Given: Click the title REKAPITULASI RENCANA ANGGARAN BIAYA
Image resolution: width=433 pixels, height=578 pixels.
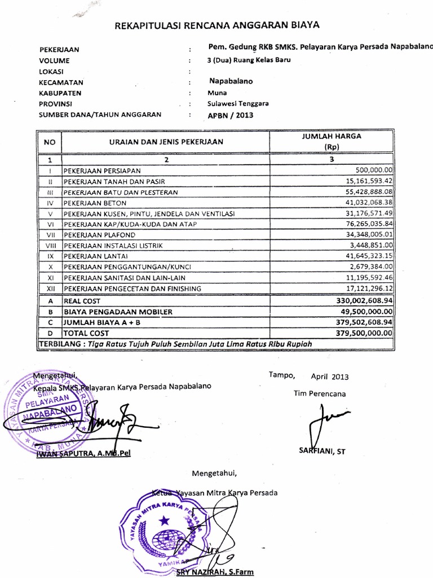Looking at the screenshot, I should click(x=217, y=25).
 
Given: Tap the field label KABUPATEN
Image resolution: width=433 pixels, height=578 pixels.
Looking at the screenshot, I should click(x=60, y=93).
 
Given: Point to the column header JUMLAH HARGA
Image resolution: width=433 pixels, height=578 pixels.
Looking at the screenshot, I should click(x=332, y=136).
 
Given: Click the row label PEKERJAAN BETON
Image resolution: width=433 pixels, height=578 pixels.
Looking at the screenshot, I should click(x=95, y=202).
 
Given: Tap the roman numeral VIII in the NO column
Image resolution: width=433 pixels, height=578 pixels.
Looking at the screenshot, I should click(x=50, y=246).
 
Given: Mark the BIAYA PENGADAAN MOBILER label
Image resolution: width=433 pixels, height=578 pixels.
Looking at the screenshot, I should click(x=118, y=312).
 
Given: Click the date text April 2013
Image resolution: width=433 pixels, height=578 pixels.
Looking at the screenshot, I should click(x=330, y=376).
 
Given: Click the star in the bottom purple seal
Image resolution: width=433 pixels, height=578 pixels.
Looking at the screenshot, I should click(x=164, y=519).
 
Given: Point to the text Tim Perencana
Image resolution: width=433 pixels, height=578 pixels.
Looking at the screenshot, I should click(x=319, y=393).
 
